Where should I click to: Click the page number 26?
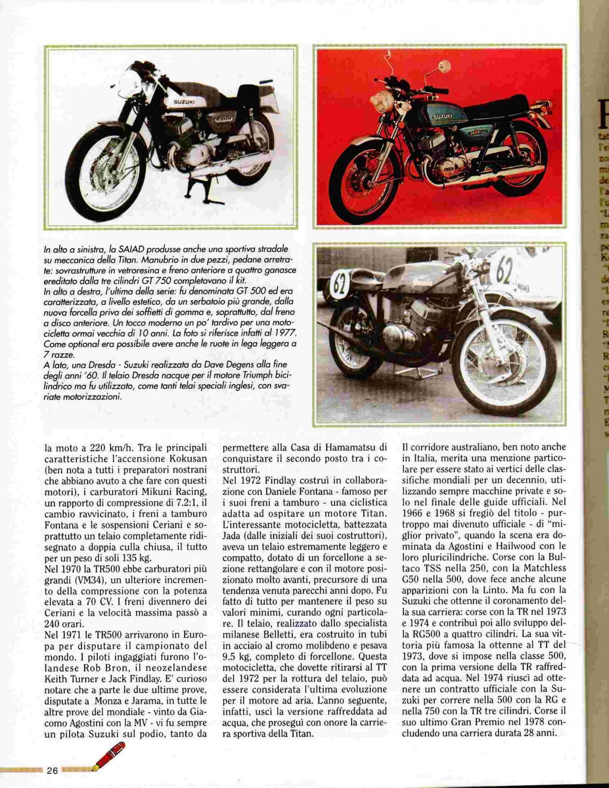pos(52,770)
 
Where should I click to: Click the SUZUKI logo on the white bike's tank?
pos(184,102)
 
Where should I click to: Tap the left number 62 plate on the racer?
pos(340,284)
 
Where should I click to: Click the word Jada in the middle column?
pos(232,535)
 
